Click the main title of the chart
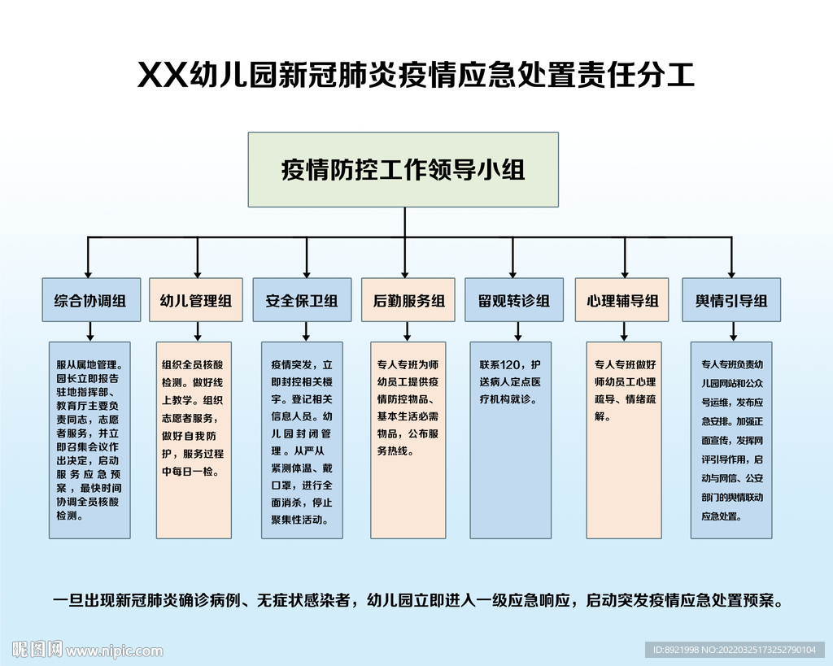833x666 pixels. pyautogui.click(x=416, y=75)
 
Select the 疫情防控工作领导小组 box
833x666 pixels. pyautogui.click(x=403, y=169)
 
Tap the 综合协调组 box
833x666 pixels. pyautogui.click(x=90, y=301)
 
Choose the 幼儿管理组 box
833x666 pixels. pyautogui.click(x=196, y=301)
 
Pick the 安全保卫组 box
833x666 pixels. pyautogui.click(x=302, y=301)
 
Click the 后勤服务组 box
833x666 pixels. pyautogui.click(x=408, y=301)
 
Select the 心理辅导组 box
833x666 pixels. pyautogui.click(x=622, y=301)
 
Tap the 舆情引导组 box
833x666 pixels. pyautogui.click(x=731, y=301)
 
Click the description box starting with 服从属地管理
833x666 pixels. pyautogui.click(x=89, y=440)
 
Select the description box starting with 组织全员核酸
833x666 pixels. pyautogui.click(x=196, y=440)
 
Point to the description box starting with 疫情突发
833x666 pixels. pyautogui.click(x=302, y=440)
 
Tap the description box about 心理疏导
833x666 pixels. pyautogui.click(x=626, y=440)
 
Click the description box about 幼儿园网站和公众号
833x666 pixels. pyautogui.click(x=731, y=440)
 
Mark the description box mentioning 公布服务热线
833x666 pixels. pyautogui.click(x=408, y=440)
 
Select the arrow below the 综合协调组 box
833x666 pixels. pyautogui.click(x=90, y=331)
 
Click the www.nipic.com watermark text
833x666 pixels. pyautogui.click(x=114, y=651)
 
